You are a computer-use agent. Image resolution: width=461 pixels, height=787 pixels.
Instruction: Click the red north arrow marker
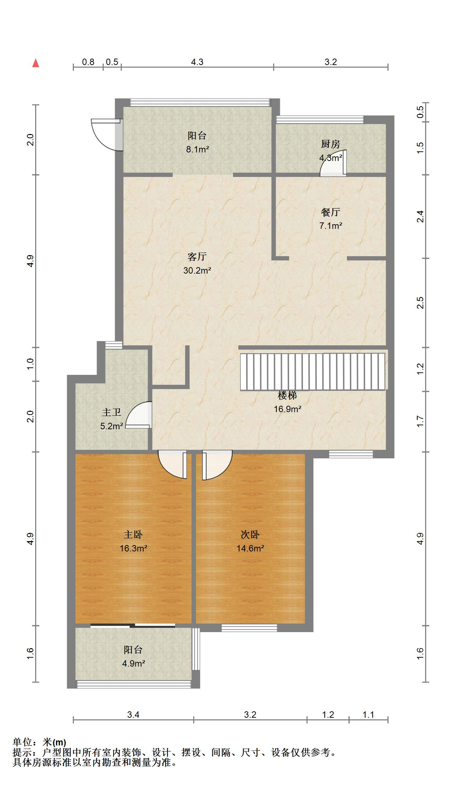(x=36, y=63)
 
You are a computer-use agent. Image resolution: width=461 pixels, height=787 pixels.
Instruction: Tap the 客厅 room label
(x=197, y=257)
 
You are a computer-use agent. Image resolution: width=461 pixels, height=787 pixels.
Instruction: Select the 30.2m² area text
(x=197, y=270)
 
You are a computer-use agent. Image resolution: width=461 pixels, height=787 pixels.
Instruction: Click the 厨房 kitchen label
(x=330, y=144)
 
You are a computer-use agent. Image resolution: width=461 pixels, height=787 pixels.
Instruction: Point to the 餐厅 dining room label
(x=330, y=212)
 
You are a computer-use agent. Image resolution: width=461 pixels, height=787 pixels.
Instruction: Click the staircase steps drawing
(x=313, y=372)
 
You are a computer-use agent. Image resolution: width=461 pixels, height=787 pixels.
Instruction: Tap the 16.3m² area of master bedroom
(x=133, y=548)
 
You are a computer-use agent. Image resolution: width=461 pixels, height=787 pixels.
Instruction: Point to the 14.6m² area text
(x=250, y=548)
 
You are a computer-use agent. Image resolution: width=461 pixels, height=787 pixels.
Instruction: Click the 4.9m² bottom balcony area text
(x=133, y=663)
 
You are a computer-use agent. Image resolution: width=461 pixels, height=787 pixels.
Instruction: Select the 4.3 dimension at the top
(x=197, y=62)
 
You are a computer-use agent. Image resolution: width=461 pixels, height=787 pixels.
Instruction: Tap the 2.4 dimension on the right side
(x=420, y=216)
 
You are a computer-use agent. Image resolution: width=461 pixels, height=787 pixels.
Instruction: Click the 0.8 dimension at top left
(x=88, y=62)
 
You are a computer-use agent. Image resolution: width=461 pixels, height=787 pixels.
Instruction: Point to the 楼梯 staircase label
(x=287, y=395)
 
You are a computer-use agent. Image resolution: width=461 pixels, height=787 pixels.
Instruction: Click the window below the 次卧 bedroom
(x=249, y=628)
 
